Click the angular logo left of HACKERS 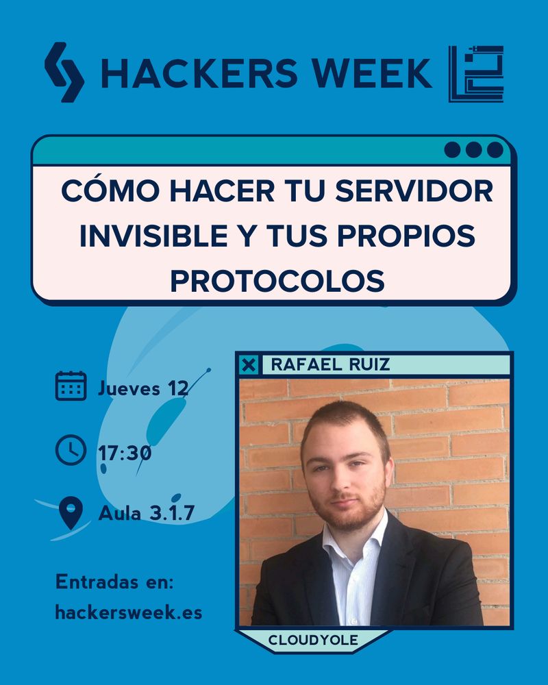tap(64, 73)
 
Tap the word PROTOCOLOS tap(277, 281)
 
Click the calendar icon tap(71, 386)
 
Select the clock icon tap(70, 450)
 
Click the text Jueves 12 tap(142, 388)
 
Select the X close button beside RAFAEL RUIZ tap(249, 365)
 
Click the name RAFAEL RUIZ tap(330, 364)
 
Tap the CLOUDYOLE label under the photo tap(312, 640)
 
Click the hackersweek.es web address tap(129, 612)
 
